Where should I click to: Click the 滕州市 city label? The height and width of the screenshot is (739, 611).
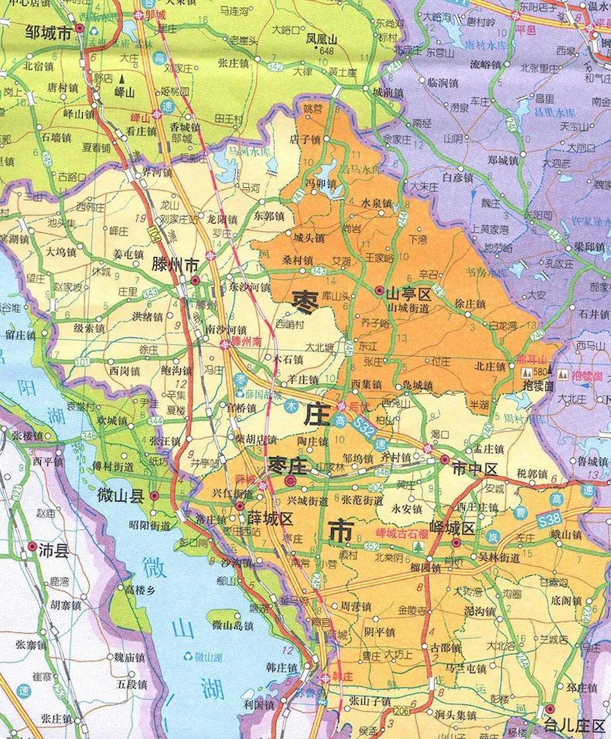pos(175,265)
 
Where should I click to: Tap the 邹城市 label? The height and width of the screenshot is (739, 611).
pos(48,33)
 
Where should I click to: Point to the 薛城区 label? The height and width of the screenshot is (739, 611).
pos(271,518)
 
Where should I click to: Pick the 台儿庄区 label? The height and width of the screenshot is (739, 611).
pos(577,723)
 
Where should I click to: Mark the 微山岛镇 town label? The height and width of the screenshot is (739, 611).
pos(233,625)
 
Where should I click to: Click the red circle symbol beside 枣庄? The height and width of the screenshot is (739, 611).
pos(291,480)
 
